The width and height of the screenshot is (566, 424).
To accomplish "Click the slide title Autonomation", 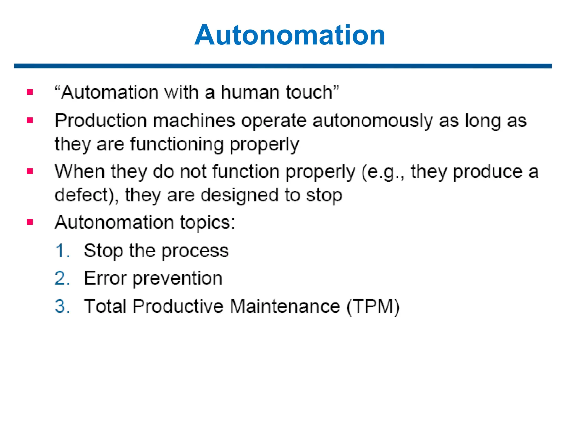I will tap(290, 35).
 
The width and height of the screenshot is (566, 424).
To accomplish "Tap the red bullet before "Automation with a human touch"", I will tap(30, 92).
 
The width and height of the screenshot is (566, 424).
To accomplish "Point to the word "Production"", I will tap(101, 121).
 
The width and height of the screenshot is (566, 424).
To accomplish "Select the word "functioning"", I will tap(177, 144).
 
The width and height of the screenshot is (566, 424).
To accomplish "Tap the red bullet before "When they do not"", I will tap(30, 171).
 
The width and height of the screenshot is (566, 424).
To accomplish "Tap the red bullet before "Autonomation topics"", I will tap(30, 222).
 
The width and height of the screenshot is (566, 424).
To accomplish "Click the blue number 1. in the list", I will tap(62, 251).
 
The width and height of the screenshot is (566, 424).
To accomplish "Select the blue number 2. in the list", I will tap(62, 278).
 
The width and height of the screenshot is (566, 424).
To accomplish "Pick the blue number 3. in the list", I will tap(62, 306).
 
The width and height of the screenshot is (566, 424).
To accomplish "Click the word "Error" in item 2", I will tap(105, 278).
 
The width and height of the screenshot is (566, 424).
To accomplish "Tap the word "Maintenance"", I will tap(285, 306).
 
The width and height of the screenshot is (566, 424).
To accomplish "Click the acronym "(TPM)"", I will tap(373, 307).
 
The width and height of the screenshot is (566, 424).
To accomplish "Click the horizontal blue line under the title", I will tap(283, 66).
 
